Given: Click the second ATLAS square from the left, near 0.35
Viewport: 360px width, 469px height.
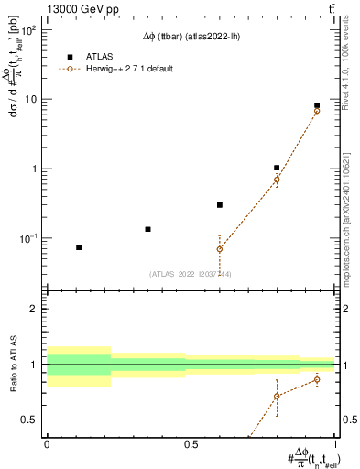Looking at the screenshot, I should tap(147, 229).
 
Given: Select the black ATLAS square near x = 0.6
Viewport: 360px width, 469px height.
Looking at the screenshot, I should tap(220, 205).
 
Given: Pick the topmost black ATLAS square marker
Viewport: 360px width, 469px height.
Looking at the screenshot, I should tap(317, 105).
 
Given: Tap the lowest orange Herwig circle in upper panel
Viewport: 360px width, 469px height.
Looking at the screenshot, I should tap(220, 249).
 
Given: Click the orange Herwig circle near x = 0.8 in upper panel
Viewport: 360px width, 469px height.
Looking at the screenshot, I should tap(277, 180).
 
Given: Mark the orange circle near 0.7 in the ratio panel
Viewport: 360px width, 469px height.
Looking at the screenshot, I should tap(277, 396).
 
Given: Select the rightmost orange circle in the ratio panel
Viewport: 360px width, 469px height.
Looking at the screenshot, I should tap(317, 379).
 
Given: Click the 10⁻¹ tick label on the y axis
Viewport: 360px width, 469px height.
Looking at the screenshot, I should tap(27, 239).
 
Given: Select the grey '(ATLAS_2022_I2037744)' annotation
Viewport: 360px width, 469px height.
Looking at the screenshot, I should tap(191, 274).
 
